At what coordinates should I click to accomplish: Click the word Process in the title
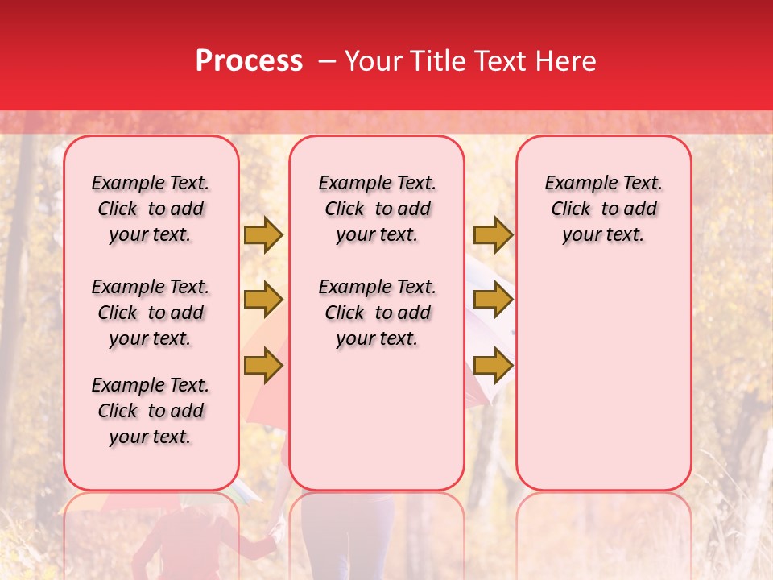[x=249, y=61]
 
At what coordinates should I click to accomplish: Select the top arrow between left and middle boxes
[x=263, y=235]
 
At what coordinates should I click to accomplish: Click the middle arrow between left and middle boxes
[x=263, y=300]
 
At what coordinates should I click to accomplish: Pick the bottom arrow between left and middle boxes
[x=263, y=367]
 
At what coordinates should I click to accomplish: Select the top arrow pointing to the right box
[x=493, y=235]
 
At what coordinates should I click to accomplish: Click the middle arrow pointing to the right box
[x=493, y=300]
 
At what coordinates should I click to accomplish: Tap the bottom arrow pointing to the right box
[x=493, y=367]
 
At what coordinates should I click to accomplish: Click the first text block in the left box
[x=151, y=209]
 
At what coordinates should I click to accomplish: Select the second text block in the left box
[x=151, y=313]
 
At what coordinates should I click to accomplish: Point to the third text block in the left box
[x=151, y=411]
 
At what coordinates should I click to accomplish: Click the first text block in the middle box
[x=378, y=209]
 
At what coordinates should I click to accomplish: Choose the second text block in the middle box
[x=378, y=313]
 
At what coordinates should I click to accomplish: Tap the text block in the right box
[x=604, y=209]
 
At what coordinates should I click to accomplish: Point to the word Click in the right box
[x=571, y=209]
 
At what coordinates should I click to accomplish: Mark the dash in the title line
[x=327, y=61]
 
